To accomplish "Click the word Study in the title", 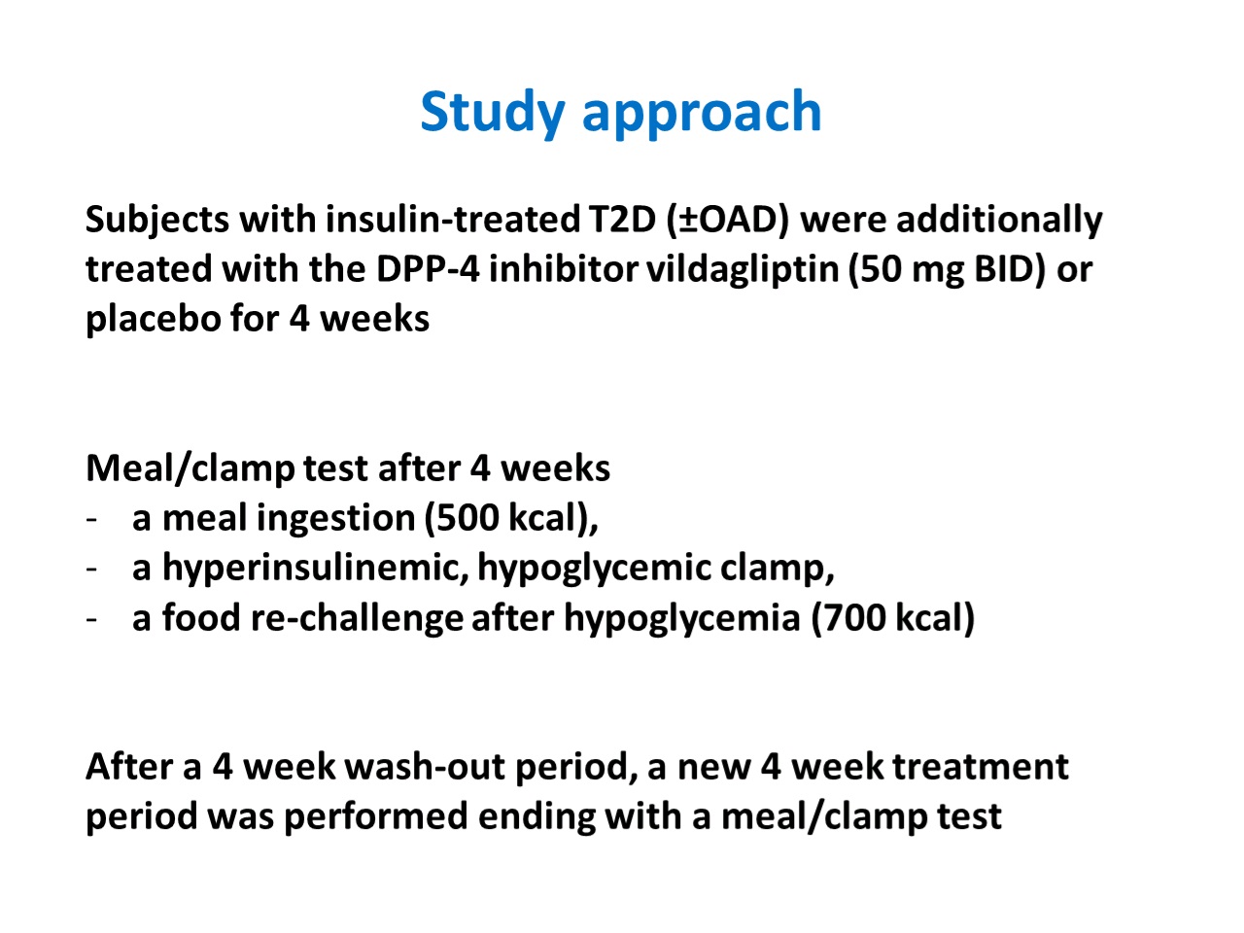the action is (x=493, y=114).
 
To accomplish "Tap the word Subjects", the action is (x=157, y=221).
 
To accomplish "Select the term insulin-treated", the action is (x=453, y=220).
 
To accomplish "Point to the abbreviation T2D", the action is (x=622, y=220).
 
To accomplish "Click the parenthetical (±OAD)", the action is (x=728, y=221).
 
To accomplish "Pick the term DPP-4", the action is (x=428, y=269).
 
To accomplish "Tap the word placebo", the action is (x=153, y=320).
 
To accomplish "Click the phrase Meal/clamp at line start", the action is (x=190, y=470).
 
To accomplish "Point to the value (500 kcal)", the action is (x=511, y=519).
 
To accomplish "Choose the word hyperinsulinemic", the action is (x=316, y=570).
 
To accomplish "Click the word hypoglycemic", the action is (x=594, y=570).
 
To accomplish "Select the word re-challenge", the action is (x=357, y=619).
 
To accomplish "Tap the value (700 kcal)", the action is (x=893, y=619).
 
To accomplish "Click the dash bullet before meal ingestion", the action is (x=91, y=519).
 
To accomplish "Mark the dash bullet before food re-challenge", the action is (x=91, y=619).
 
